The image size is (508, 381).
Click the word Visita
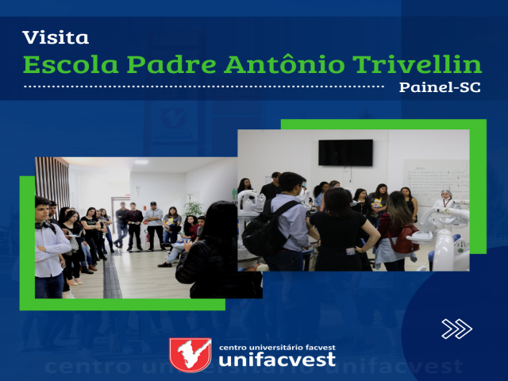click(56, 37)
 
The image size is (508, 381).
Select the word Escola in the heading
click(71, 64)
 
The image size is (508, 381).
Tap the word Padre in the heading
click(171, 64)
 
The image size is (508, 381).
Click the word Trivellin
click(417, 64)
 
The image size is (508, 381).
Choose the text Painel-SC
click(440, 87)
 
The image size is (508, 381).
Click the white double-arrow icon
click(457, 329)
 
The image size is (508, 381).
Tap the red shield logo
click(190, 355)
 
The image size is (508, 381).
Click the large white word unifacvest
click(277, 360)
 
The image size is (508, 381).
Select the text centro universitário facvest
click(277, 348)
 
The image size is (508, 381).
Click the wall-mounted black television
click(345, 152)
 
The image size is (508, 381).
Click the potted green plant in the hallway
click(194, 209)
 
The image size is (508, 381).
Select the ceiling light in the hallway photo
click(141, 162)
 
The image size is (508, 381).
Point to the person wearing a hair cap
click(446, 199)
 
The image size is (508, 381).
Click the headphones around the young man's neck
click(45, 225)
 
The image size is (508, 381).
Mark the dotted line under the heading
click(204, 87)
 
